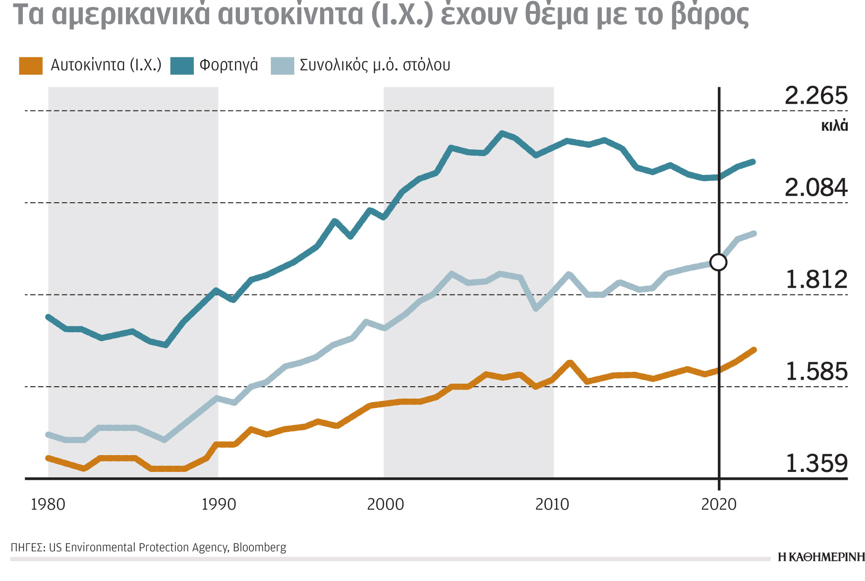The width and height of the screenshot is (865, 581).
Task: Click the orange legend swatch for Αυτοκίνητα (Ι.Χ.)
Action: (31, 66)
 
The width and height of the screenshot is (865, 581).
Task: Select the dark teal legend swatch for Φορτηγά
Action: (182, 66)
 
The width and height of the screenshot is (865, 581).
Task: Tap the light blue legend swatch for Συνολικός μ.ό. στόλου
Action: (283, 66)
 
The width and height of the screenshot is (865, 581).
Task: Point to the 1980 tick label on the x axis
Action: (48, 505)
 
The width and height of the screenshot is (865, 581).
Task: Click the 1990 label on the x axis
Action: (219, 505)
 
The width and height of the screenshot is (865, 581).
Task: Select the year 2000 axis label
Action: (385, 505)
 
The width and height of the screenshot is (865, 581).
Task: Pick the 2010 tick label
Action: (552, 505)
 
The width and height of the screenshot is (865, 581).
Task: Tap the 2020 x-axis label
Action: (719, 505)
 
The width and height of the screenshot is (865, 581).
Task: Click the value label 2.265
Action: (816, 96)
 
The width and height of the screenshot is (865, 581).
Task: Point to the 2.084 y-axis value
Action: (816, 188)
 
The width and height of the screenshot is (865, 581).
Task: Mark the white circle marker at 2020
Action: (718, 262)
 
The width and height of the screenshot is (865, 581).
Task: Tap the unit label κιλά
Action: (834, 126)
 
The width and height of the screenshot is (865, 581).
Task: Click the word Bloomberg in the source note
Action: (259, 547)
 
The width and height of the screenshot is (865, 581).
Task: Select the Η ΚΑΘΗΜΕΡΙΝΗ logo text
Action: (821, 557)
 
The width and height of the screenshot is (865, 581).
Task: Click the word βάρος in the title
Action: (709, 15)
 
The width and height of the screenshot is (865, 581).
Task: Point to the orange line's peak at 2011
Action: (570, 363)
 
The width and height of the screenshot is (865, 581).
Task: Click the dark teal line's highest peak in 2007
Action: (502, 133)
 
